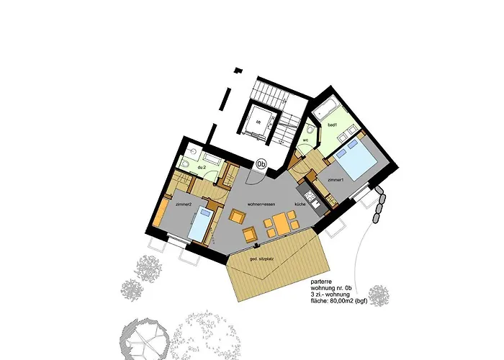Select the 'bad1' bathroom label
(333, 125)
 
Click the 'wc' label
(305, 140)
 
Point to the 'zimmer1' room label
(335, 179)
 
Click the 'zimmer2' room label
(182, 204)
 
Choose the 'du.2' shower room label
(202, 167)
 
